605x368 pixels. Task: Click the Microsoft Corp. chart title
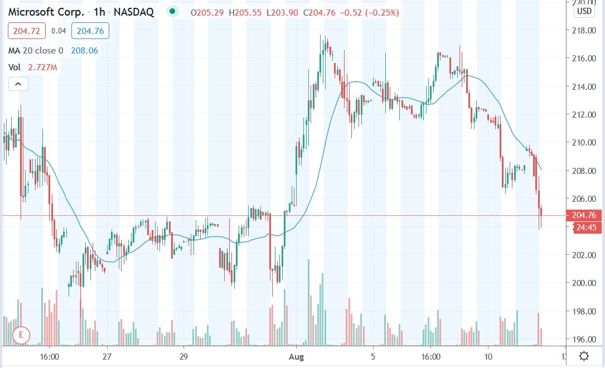click(x=46, y=12)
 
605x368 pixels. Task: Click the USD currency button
click(x=584, y=11)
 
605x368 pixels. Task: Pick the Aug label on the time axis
click(x=294, y=356)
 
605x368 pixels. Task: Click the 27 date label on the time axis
click(x=108, y=356)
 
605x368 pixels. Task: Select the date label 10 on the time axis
click(x=487, y=356)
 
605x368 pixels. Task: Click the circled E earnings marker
click(x=21, y=335)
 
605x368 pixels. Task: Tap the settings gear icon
click(x=584, y=356)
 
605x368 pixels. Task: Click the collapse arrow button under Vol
click(x=18, y=84)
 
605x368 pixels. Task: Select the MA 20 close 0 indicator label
click(x=36, y=51)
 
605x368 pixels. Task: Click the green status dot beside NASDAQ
click(x=172, y=12)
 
